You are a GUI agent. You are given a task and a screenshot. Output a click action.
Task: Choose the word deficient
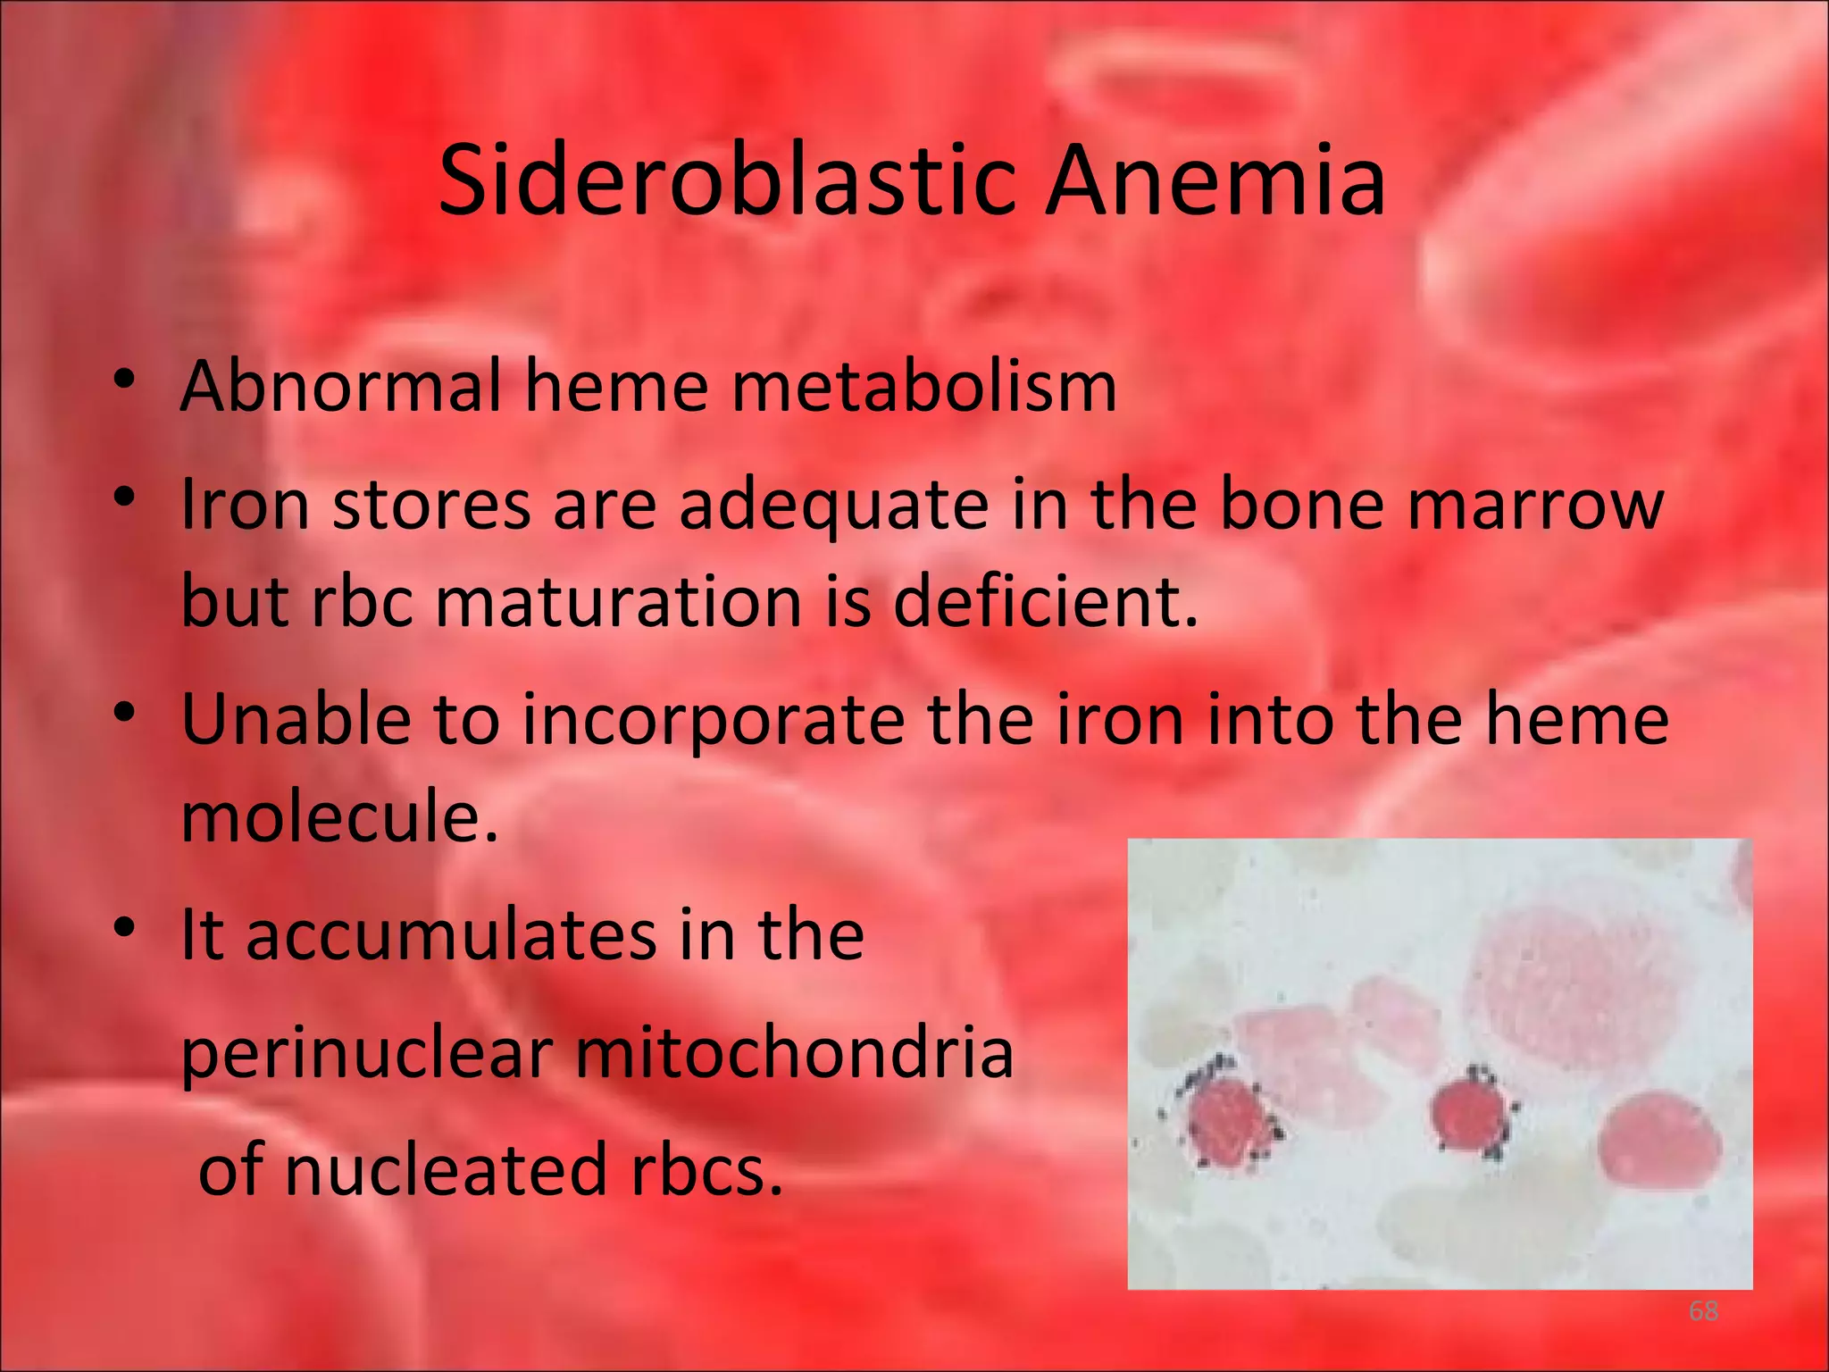click(1045, 601)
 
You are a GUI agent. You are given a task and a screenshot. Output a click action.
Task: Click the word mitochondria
click(794, 1052)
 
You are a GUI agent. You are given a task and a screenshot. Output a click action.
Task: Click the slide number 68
click(1703, 1311)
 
